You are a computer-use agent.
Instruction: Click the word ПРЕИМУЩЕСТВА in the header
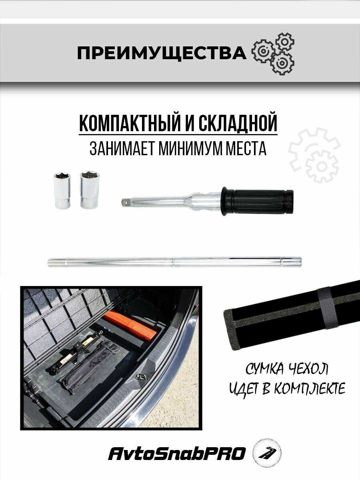162,53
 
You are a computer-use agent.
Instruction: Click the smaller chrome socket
62,190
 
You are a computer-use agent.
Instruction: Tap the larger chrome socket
90,189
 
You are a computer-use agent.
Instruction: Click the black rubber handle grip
257,201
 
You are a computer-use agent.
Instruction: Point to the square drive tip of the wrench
125,201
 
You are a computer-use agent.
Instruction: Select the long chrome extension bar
175,262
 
